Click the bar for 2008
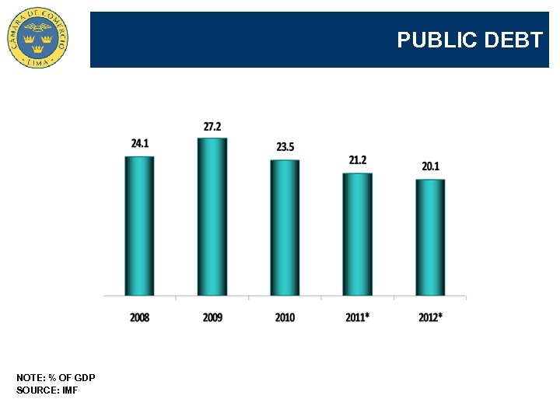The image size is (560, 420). pyautogui.click(x=139, y=226)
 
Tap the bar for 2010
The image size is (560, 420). pyautogui.click(x=285, y=227)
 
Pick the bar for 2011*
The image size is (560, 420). pyautogui.click(x=358, y=233)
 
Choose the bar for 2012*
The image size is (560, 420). pyautogui.click(x=430, y=237)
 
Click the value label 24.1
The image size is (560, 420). pyautogui.click(x=140, y=144)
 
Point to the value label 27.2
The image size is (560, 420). pyautogui.click(x=212, y=126)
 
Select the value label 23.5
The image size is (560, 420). pyautogui.click(x=285, y=147)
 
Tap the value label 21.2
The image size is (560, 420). pyautogui.click(x=358, y=160)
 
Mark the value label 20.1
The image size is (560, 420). pyautogui.click(x=430, y=166)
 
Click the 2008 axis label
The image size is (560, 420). pyautogui.click(x=140, y=317)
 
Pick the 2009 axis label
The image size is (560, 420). pyautogui.click(x=212, y=317)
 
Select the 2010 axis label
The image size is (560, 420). pyautogui.click(x=285, y=317)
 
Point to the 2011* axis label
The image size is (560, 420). pyautogui.click(x=358, y=317)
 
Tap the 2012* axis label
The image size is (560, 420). pyautogui.click(x=431, y=317)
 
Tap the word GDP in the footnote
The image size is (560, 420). pyautogui.click(x=86, y=378)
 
